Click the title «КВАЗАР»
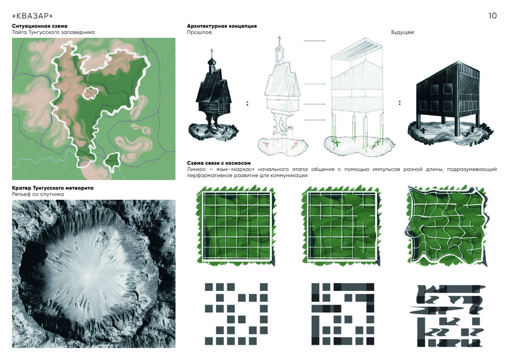coord(32,16)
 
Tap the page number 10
coord(492,16)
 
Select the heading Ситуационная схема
coord(40,26)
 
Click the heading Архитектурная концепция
coord(222,26)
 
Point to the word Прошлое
coord(200,32)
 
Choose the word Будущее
coord(403,32)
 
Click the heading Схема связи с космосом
coord(219,163)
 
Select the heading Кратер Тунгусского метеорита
coord(53,188)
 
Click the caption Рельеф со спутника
coord(38,194)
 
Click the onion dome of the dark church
coord(212,61)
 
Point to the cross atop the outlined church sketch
coord(279,40)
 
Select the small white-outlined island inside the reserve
coord(90,93)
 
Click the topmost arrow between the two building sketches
coord(314,41)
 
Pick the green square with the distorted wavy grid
coord(447,226)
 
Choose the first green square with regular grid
coord(236,226)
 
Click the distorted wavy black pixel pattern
coord(450,315)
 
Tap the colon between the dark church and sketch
coord(247,104)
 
